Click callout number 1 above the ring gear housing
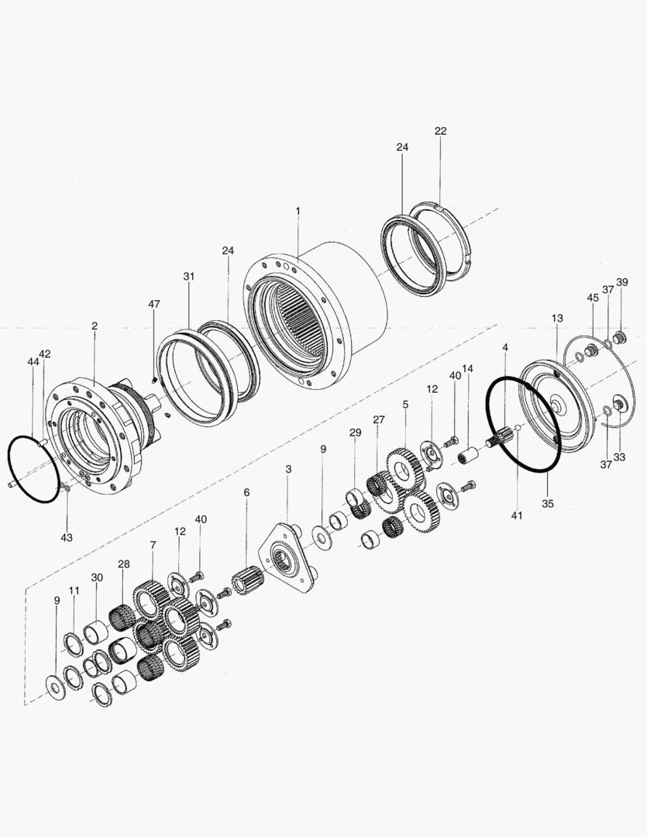298,211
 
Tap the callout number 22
440,132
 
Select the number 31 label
189,277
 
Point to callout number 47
154,304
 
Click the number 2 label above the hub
94,326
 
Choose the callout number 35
548,503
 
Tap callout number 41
517,515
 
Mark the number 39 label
622,282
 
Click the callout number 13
557,319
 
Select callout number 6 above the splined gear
246,493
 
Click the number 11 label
74,591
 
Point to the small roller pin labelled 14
466,455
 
